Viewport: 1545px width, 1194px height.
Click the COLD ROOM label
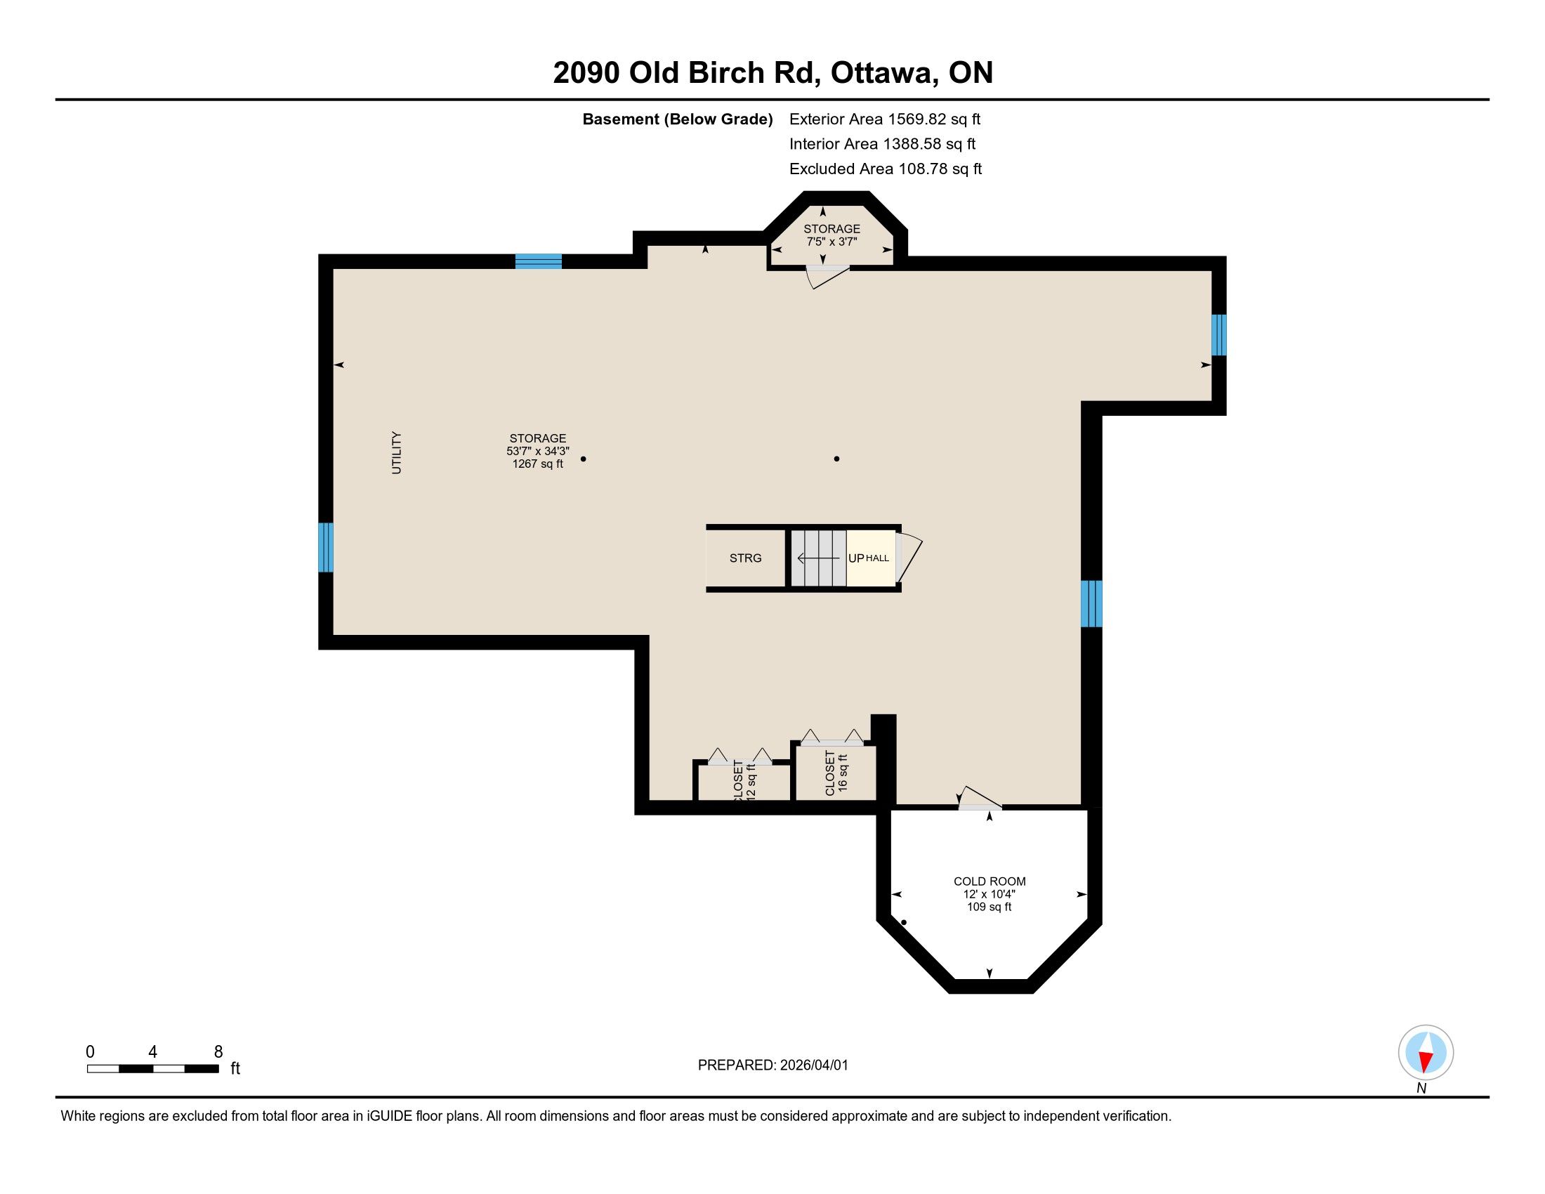[989, 881]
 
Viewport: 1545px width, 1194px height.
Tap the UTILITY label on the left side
[396, 453]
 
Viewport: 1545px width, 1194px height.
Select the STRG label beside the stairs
[746, 558]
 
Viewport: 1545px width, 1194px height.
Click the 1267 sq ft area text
[538, 464]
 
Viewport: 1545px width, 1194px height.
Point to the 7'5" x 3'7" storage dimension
[832, 241]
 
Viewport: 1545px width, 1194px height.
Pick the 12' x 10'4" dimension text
[989, 894]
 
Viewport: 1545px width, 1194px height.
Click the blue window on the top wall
[539, 262]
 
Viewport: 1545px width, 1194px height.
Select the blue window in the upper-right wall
[1218, 334]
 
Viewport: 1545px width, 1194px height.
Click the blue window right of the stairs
[1091, 603]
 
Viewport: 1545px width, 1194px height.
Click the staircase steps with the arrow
[818, 558]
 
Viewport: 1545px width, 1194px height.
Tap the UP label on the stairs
[856, 558]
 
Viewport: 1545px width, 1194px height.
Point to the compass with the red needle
[1426, 1053]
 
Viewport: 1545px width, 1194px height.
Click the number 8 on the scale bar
[218, 1052]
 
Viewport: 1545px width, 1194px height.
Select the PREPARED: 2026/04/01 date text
[772, 1065]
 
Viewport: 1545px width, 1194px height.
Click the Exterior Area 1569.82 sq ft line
[885, 119]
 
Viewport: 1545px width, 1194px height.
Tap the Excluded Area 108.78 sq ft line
[886, 169]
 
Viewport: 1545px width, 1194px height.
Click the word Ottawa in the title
[884, 74]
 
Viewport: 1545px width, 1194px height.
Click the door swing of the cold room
[980, 797]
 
